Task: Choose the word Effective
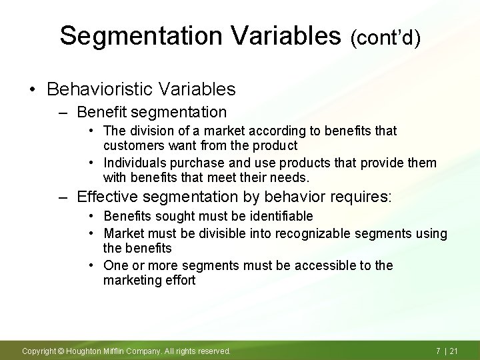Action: (105, 197)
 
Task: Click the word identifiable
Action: (280, 216)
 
